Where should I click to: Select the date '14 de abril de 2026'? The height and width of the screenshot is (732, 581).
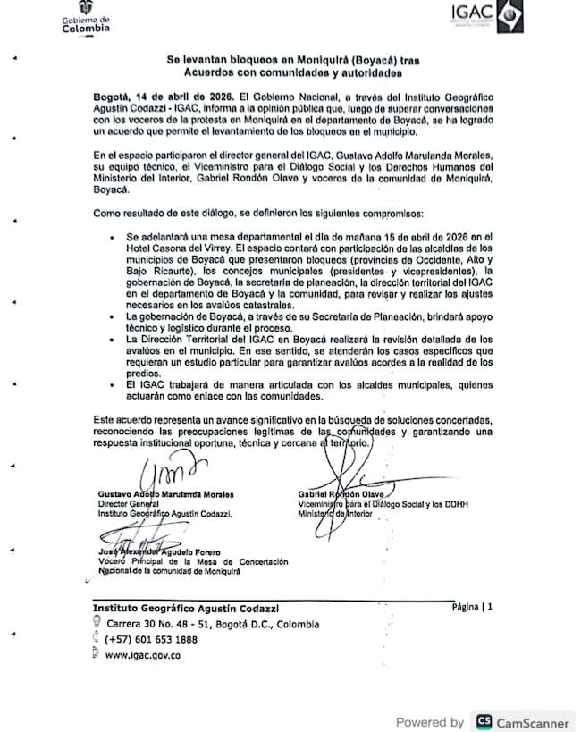[x=184, y=96]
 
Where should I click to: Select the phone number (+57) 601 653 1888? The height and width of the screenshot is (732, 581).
[x=151, y=639]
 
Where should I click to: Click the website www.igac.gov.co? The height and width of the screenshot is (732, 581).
[x=143, y=655]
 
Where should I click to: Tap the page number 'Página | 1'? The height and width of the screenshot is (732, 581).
[x=472, y=607]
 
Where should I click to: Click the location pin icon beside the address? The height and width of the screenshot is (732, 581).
[x=97, y=624]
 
